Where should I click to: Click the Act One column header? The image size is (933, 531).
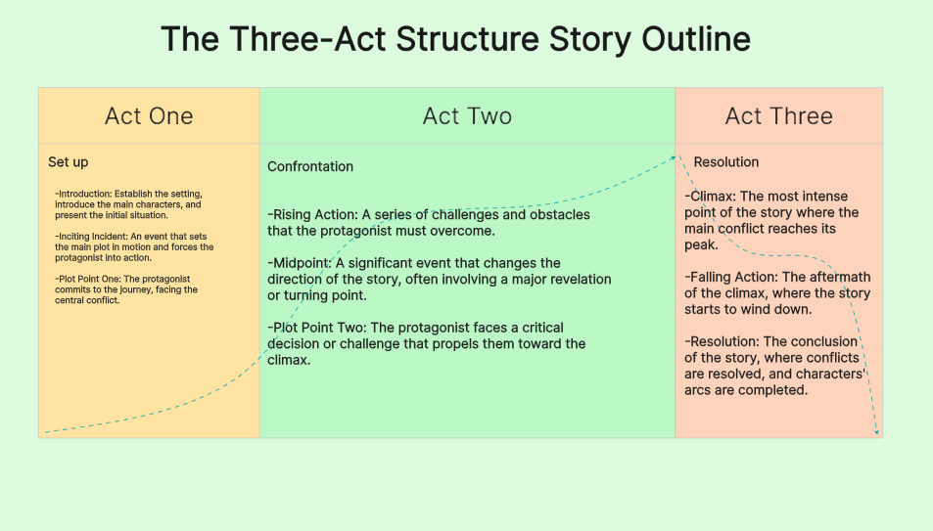149,116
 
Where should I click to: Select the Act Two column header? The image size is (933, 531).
467,116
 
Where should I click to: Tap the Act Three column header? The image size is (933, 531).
778,116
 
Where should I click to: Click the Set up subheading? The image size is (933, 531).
69,161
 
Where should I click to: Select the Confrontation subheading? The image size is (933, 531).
310,167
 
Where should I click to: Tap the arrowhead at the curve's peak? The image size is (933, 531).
675,155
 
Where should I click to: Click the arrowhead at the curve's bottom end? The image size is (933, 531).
876,432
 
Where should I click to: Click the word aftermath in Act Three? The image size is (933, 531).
837,278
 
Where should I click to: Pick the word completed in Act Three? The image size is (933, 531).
773,390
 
